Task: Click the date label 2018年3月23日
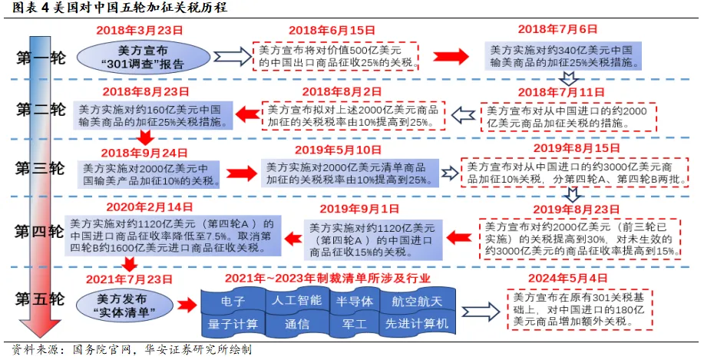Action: tap(140, 31)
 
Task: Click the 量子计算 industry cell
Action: tap(233, 324)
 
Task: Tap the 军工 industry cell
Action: tap(354, 324)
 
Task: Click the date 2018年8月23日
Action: tap(144, 91)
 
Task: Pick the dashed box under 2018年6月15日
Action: tap(339, 55)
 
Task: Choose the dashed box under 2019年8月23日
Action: tap(580, 239)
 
